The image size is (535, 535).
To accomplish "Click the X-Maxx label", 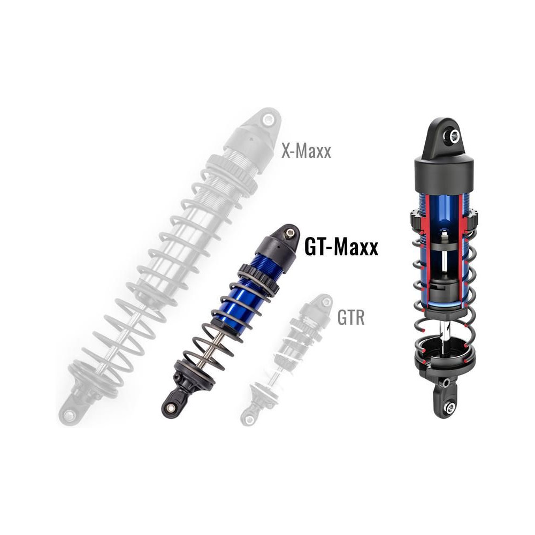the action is point(306,151).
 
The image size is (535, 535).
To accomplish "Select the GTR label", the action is point(351,318).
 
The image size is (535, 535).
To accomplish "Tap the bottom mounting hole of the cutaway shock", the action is point(450,407).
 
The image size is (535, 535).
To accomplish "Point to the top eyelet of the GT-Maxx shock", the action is point(289,233).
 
